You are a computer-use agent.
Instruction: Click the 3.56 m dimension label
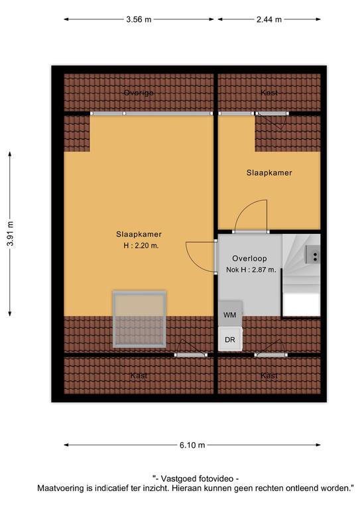pyautogui.click(x=139, y=19)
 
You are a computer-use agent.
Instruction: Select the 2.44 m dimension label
pyautogui.click(x=269, y=19)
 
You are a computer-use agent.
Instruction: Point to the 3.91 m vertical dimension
pyautogui.click(x=11, y=234)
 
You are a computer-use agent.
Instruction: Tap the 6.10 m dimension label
pyautogui.click(x=192, y=445)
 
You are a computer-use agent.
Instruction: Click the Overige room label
pyautogui.click(x=139, y=93)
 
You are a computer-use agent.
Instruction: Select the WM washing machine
pyautogui.click(x=230, y=313)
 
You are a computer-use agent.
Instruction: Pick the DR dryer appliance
pyautogui.click(x=230, y=339)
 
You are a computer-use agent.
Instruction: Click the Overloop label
pyautogui.click(x=249, y=258)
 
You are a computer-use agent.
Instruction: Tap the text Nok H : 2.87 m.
pyautogui.click(x=251, y=270)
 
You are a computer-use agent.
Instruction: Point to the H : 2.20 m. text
pyautogui.click(x=141, y=246)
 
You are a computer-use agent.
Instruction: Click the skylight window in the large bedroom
pyautogui.click(x=140, y=319)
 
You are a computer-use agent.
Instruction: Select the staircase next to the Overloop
pyautogui.click(x=301, y=275)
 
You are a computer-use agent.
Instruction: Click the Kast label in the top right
pyautogui.click(x=269, y=93)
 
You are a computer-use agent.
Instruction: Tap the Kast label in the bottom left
pyautogui.click(x=139, y=376)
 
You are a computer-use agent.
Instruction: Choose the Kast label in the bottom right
pyautogui.click(x=269, y=376)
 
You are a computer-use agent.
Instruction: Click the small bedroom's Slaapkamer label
pyautogui.click(x=269, y=173)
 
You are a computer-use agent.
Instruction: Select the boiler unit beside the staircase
pyautogui.click(x=313, y=254)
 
